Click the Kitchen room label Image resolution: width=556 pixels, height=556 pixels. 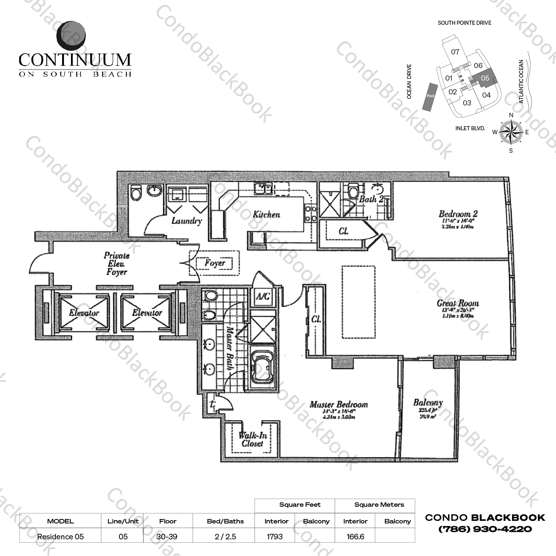tap(266, 214)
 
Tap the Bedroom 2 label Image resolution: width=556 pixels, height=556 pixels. tap(458, 214)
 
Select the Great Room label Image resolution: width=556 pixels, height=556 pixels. tap(458, 303)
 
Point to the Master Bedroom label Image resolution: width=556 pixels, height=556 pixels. tap(339, 404)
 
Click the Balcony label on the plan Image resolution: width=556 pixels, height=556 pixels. tap(428, 402)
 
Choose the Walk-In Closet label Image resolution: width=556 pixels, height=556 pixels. tap(252, 439)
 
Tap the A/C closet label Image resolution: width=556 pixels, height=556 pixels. tap(263, 296)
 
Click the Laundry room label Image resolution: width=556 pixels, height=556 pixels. tap(187, 221)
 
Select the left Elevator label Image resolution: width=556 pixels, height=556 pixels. tap(84, 313)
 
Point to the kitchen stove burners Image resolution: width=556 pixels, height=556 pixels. tap(310, 214)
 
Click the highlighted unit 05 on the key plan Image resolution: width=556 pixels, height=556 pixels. tap(485, 78)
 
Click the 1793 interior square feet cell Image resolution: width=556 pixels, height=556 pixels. tap(275, 536)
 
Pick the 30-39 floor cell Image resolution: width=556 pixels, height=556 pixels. tap(168, 536)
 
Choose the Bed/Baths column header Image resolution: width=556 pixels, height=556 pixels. tap(225, 521)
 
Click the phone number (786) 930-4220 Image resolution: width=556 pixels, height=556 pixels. tap(485, 529)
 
